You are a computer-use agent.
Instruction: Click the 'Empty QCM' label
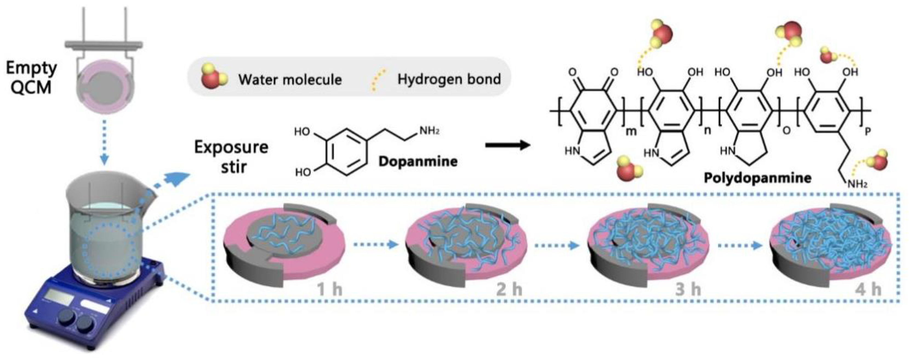31,78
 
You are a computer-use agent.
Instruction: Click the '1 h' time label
329,290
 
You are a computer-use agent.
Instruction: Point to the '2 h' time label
509,290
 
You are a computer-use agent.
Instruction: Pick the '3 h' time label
688,290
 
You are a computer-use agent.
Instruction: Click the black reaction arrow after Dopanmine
508,145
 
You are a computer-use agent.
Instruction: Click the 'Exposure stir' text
232,156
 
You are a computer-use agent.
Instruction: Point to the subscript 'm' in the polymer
631,131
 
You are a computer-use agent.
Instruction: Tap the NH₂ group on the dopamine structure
429,131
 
